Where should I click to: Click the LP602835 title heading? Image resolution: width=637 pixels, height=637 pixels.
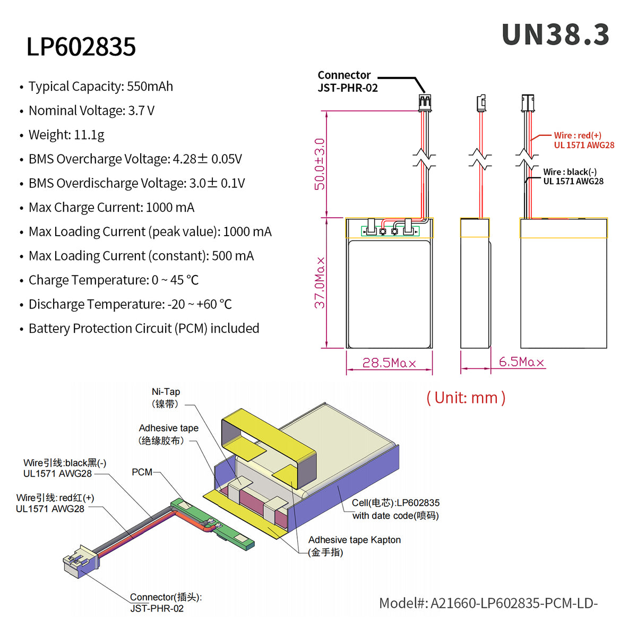pos(81,47)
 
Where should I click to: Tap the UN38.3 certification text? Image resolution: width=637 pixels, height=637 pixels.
pos(555,35)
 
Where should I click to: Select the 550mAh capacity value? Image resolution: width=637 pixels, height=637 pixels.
pos(150,87)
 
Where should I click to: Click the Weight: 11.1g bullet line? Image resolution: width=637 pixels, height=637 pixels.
pos(66,135)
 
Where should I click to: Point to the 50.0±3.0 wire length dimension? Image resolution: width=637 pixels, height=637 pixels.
pos(320,164)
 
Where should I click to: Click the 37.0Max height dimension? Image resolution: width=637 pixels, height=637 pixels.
pos(320,282)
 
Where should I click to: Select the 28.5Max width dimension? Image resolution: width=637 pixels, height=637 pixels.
pos(389,363)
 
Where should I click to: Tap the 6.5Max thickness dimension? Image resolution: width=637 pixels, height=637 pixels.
pos(521,362)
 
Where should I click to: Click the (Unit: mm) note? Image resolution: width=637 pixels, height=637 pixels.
pos(466,398)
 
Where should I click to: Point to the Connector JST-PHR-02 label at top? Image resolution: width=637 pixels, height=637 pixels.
pos(347,82)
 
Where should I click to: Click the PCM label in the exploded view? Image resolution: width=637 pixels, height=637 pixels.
pos(142,472)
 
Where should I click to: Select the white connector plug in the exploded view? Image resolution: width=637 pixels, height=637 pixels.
pos(80,562)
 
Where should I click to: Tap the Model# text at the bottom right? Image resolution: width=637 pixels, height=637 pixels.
pos(488,603)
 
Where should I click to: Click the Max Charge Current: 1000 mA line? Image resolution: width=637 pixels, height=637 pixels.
pos(111,208)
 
